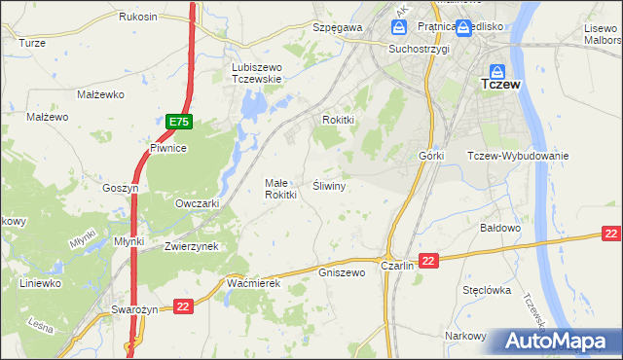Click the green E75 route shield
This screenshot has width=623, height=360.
[x=178, y=122]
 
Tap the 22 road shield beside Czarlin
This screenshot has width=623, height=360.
[x=430, y=260]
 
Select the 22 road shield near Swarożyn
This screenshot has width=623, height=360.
[x=182, y=306]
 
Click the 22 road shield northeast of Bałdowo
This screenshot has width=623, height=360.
[x=610, y=234]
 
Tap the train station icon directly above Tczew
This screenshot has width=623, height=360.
[x=496, y=71]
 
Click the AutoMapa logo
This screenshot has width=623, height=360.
[x=558, y=341]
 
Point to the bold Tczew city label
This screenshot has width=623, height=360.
[x=501, y=86]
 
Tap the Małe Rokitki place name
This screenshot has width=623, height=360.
[x=280, y=189]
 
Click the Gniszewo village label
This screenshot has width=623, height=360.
[x=341, y=272]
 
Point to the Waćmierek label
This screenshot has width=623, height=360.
[x=253, y=282]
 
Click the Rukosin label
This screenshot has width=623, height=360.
[x=138, y=18]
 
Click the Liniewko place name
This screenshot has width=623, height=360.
[x=41, y=283]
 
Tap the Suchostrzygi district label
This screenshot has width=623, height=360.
[x=419, y=49]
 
